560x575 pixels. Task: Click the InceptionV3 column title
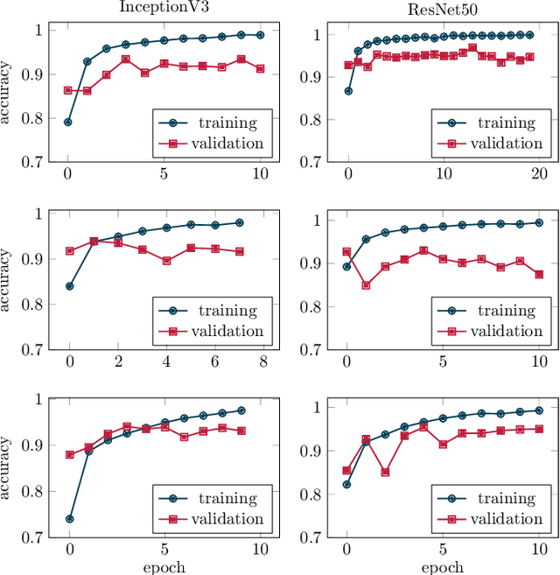point(164,8)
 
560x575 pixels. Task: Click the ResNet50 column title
point(442,8)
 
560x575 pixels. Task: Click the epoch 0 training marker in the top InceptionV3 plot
point(68,122)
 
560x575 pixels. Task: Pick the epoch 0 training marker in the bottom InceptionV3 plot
point(69,519)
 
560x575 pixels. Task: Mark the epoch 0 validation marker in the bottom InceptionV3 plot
point(69,454)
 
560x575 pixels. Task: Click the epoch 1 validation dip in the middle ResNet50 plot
point(366,285)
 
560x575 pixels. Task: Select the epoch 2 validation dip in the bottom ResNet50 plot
point(385,472)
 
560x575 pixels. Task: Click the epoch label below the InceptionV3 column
point(164,566)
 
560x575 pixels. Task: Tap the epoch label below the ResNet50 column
point(442,566)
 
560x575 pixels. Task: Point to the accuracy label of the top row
point(8,93)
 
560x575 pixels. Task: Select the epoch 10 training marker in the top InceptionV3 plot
point(260,35)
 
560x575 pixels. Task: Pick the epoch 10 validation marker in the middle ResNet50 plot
point(539,274)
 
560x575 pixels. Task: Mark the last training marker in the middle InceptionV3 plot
point(239,222)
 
